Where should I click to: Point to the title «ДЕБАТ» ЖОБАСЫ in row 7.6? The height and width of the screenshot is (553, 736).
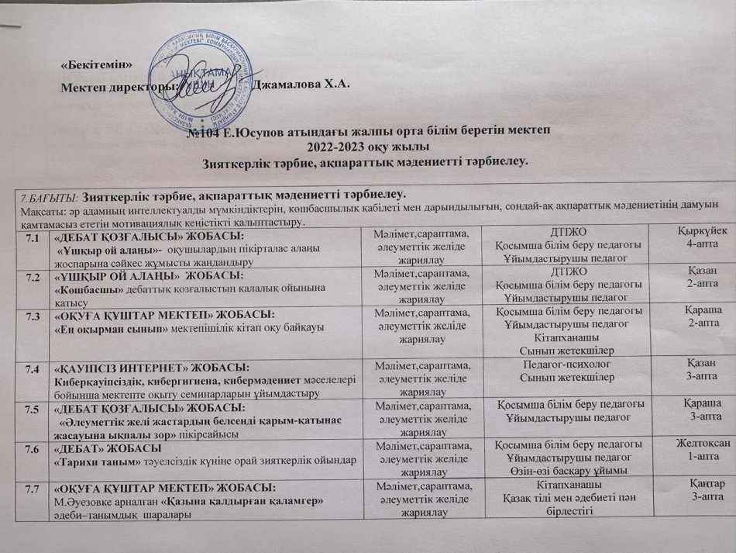[97, 448]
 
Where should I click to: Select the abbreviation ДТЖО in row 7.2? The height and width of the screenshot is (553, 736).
[562, 272]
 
